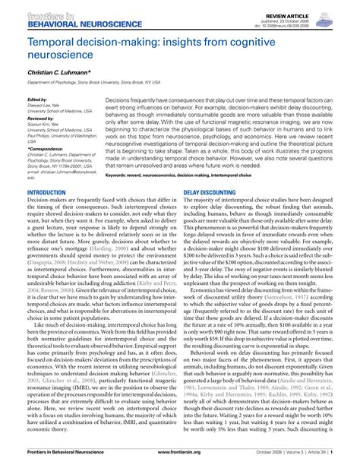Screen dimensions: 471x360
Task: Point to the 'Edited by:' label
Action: (x=38, y=100)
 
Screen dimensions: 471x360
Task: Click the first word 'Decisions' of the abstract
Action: (x=120, y=100)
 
